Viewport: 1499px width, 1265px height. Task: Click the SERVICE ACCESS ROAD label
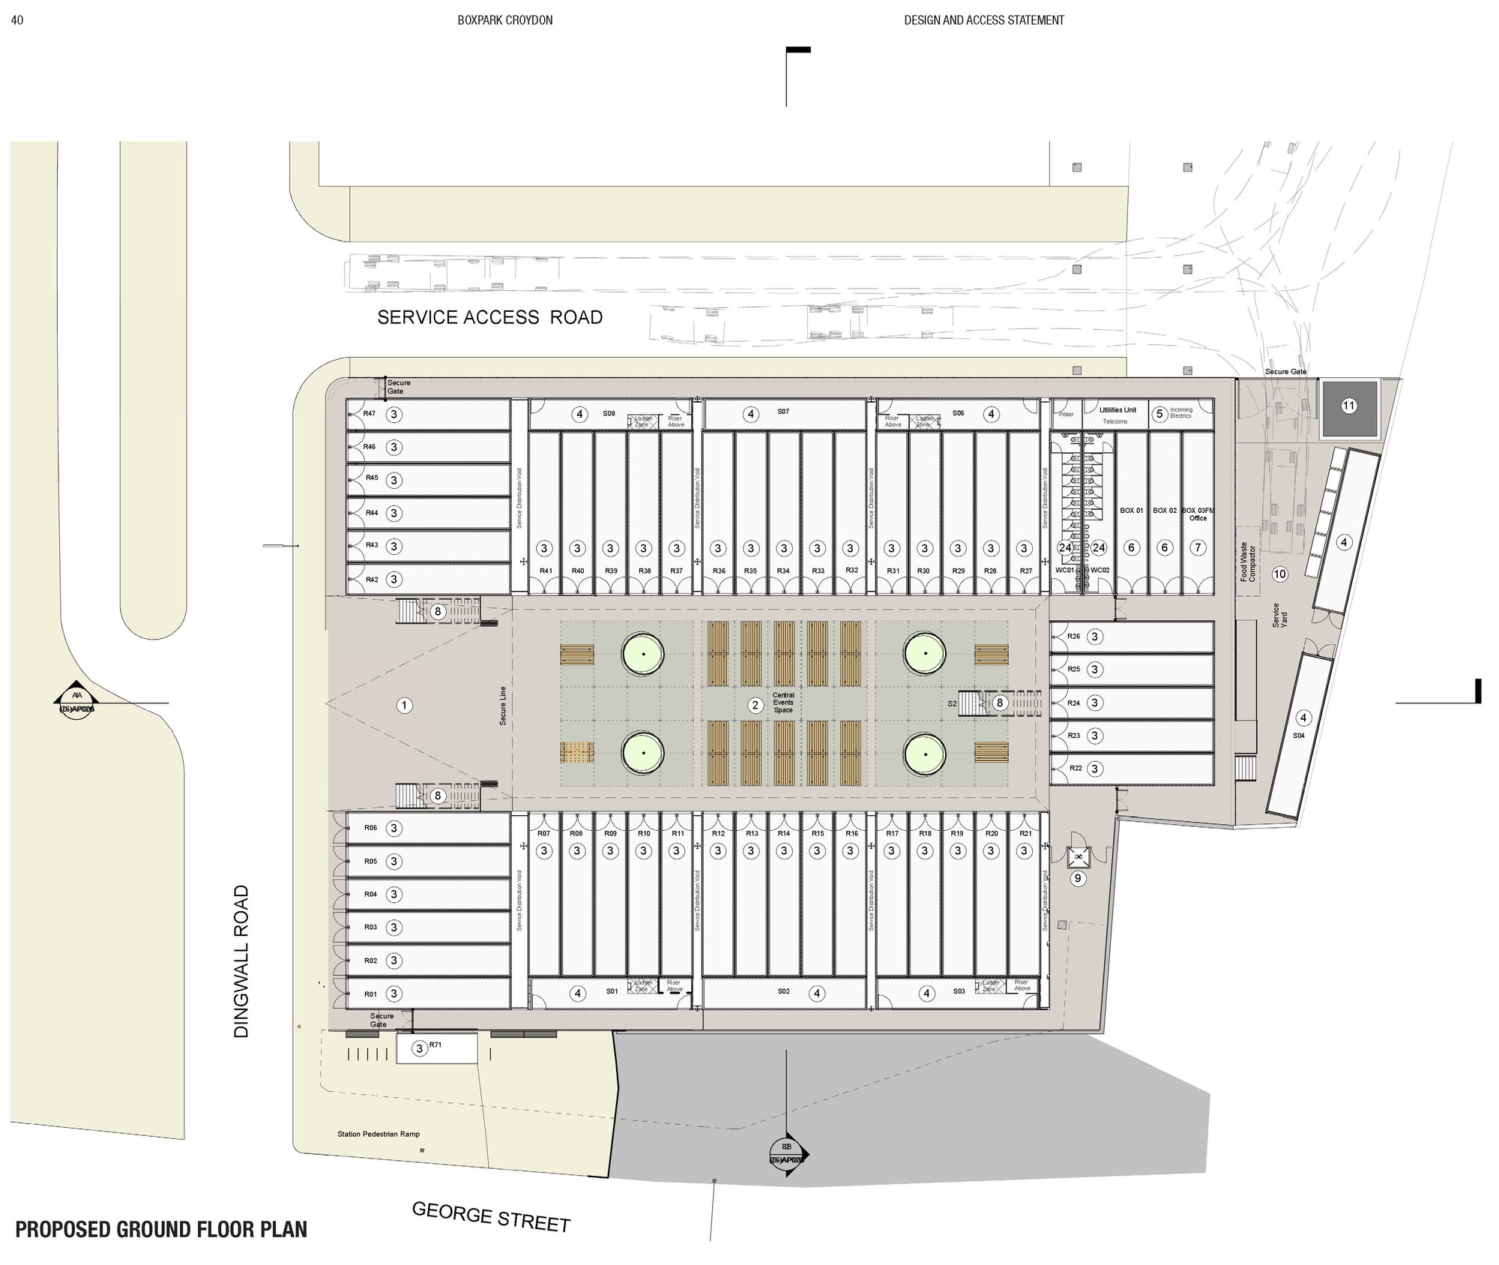(489, 317)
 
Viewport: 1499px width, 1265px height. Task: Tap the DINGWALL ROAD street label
(241, 961)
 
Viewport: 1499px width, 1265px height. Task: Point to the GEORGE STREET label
(491, 1217)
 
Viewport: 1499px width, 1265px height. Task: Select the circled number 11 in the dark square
(1348, 406)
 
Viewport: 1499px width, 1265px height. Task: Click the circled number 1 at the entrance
(404, 705)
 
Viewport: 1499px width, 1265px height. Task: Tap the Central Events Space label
(783, 703)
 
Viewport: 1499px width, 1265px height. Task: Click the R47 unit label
(369, 413)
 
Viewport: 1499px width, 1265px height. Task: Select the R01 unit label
(370, 994)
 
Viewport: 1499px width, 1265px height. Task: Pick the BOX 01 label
(1131, 511)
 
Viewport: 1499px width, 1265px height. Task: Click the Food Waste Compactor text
(1247, 562)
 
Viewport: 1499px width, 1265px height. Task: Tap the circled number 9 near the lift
(1078, 878)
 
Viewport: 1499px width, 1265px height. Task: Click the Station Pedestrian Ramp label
(378, 1134)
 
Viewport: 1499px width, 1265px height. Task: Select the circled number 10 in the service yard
(1279, 574)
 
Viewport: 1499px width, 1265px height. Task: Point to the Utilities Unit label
(1118, 410)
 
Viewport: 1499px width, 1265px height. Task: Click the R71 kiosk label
(435, 1045)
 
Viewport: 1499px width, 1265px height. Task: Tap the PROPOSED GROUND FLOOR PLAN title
(161, 1230)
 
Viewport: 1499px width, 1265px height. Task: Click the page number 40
(17, 20)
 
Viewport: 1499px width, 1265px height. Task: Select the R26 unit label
(1074, 636)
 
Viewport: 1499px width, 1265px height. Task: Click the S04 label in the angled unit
(1298, 736)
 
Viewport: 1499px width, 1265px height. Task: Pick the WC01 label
(1064, 570)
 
